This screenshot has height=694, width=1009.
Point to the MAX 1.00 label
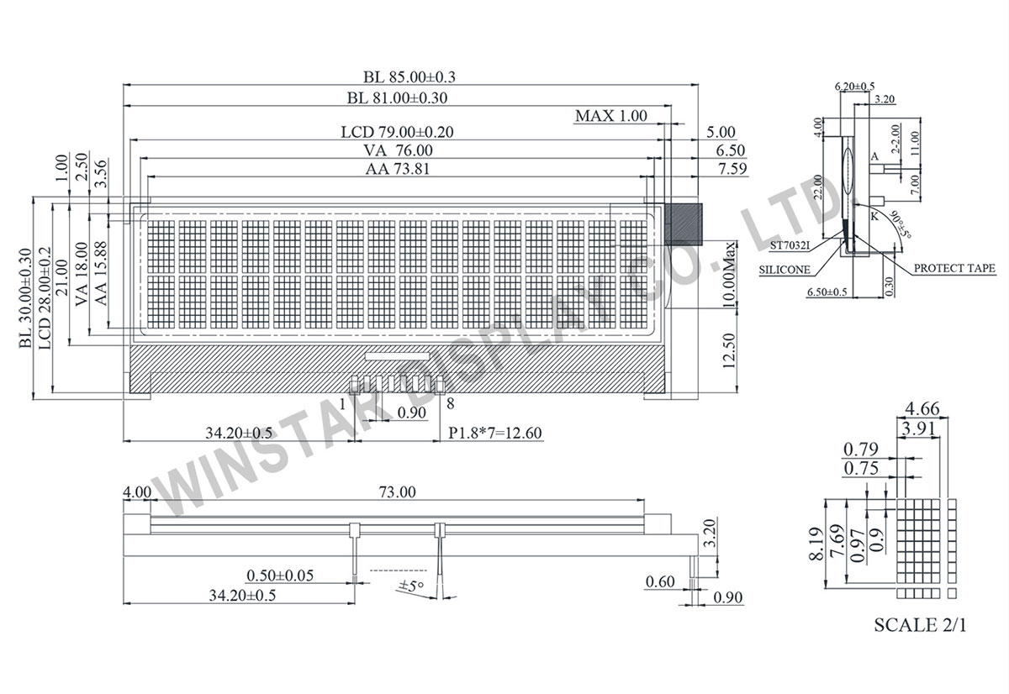pos(611,116)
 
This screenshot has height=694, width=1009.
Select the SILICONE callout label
pos(784,270)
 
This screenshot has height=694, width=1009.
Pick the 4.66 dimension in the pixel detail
pos(921,411)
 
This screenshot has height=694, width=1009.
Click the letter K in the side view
pos(874,216)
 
